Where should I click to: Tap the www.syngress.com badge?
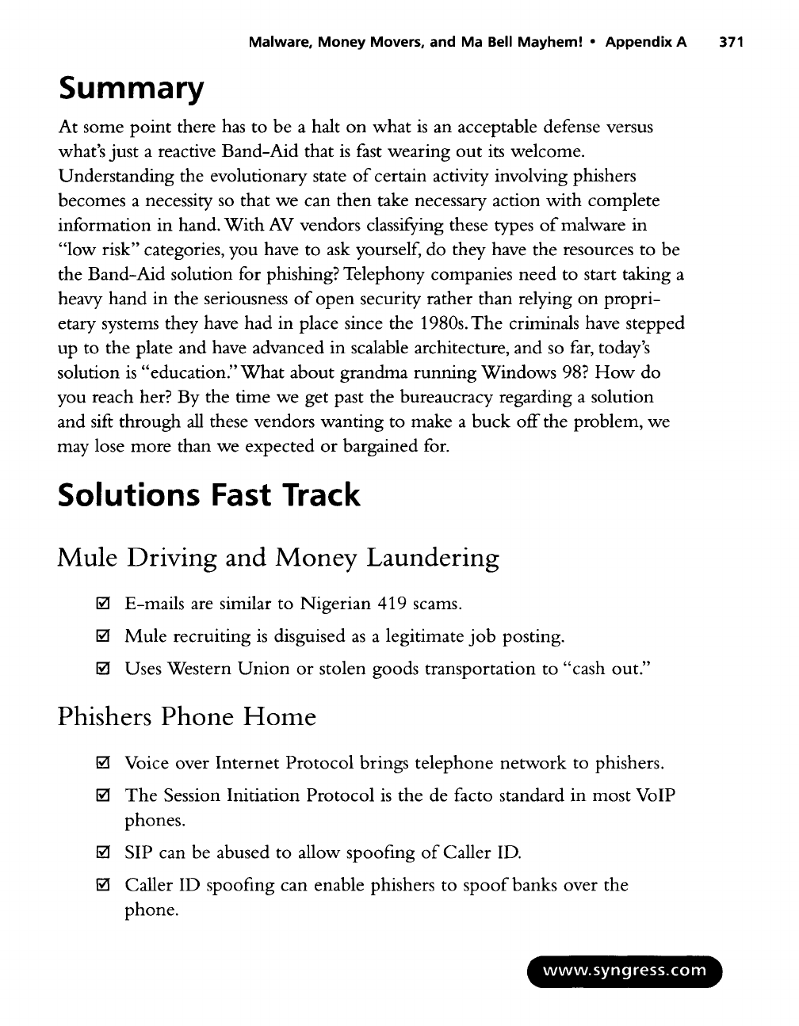[622, 971]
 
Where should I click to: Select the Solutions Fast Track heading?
[209, 495]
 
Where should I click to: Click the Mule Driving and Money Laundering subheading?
[279, 559]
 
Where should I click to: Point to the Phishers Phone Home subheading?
[187, 717]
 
